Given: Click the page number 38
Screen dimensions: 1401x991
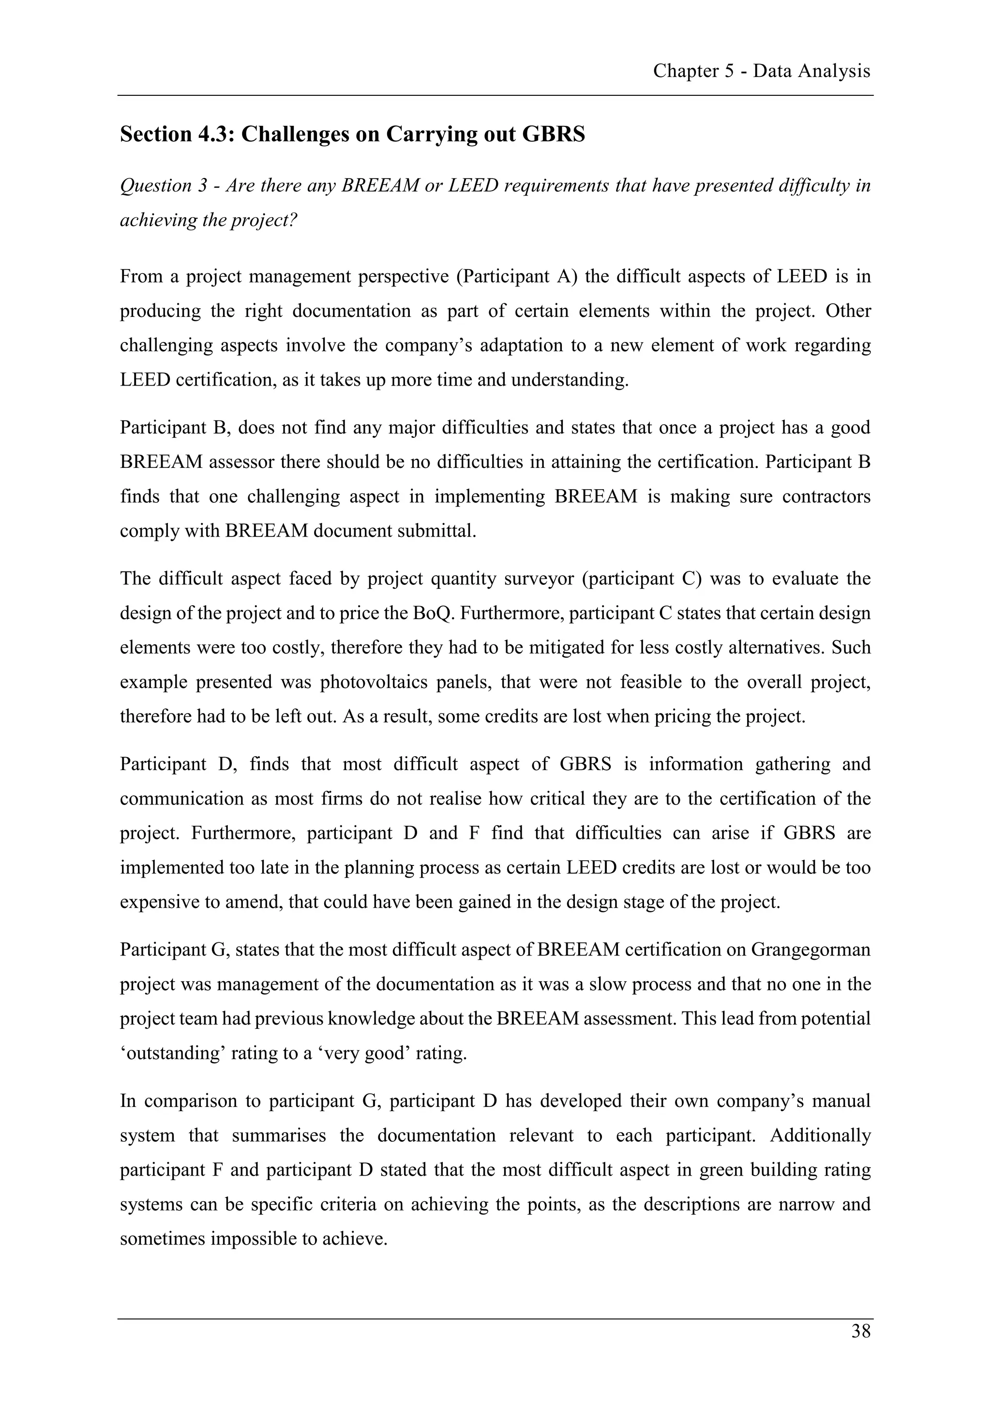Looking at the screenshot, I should [x=860, y=1331].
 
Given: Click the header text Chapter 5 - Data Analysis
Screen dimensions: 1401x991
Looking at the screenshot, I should [x=761, y=72].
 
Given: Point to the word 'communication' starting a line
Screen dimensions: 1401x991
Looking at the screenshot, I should [x=180, y=799].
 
